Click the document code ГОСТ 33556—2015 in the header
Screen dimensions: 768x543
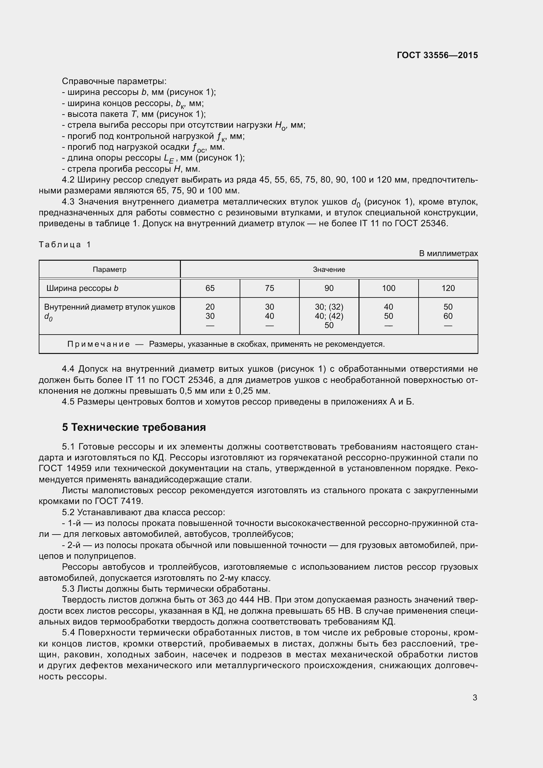pos(437,55)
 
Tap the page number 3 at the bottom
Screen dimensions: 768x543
pos(475,697)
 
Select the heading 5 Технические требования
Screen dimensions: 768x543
pos(134,427)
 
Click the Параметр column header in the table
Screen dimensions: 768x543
pos(109,269)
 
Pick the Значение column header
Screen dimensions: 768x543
pos(329,269)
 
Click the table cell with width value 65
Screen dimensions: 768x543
pos(210,288)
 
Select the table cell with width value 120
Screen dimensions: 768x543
pos(448,288)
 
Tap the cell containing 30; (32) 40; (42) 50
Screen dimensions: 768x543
pos(329,316)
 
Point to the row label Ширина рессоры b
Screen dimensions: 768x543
pos(82,288)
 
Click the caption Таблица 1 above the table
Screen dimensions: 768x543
pos(65,245)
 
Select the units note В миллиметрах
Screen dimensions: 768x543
pos(448,253)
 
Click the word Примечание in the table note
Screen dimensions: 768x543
pos(98,344)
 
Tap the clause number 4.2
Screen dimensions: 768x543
pos(68,180)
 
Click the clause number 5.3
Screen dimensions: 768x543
pos(68,588)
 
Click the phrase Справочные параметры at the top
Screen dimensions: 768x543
pos(114,81)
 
